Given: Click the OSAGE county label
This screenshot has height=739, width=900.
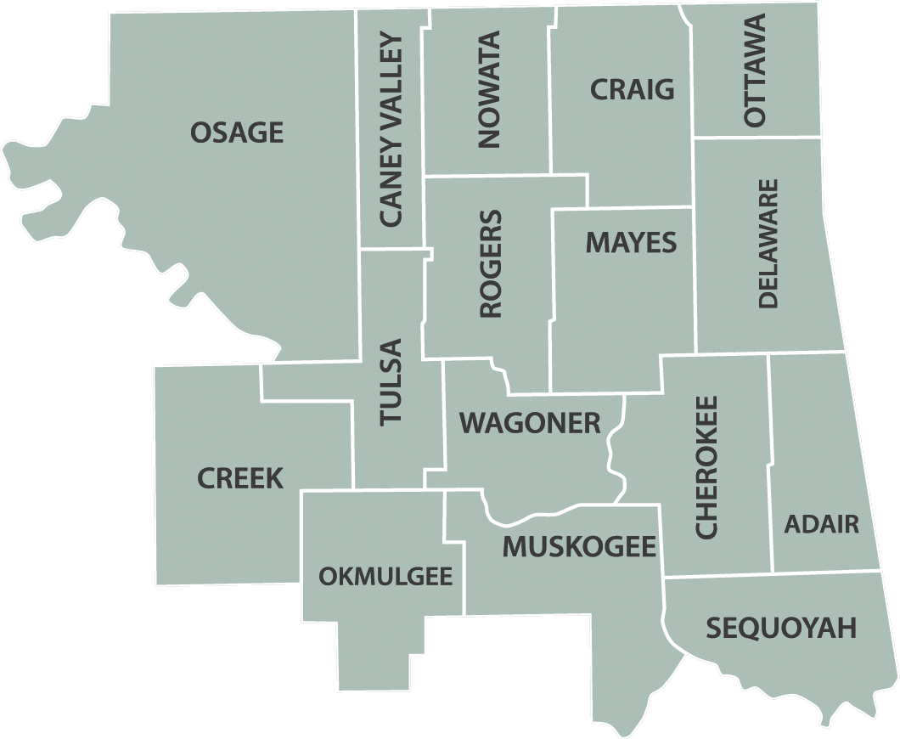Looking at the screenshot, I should pos(237,133).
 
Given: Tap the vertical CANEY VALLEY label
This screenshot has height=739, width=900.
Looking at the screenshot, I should pos(391,130).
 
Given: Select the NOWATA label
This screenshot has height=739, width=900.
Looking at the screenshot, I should pos(490,90).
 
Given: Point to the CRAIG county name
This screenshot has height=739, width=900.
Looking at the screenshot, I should pos(632,89).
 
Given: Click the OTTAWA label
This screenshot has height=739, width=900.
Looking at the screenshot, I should pos(755,71).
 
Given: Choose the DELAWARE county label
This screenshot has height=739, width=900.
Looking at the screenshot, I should pos(768,243).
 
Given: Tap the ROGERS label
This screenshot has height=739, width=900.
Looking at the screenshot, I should pos(491,264).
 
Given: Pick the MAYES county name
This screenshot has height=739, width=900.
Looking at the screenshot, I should pos(631,243).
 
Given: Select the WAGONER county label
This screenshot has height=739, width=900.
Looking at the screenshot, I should pos(530,422).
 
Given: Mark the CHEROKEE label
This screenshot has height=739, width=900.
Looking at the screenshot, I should pos(706,466).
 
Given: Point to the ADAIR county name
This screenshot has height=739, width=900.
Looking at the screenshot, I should pos(821,524).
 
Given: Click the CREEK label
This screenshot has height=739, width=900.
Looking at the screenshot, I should pos(240,478).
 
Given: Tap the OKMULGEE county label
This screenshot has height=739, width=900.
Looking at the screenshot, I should pos(385,576).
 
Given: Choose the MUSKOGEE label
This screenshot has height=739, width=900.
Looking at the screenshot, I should pos(579,546).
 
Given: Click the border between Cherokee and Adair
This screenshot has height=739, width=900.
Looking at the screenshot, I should pos(771,463).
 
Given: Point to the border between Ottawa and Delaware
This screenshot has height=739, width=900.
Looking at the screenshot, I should pos(757,137).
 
